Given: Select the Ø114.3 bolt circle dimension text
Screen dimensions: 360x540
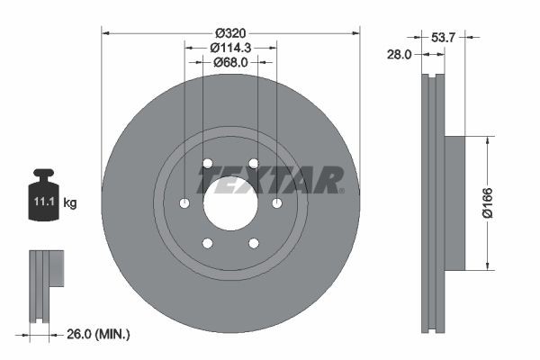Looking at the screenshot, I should point(230,47).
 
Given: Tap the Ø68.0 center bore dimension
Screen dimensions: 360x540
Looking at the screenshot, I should point(230,62).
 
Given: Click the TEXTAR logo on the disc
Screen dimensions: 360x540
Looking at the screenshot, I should point(270,180).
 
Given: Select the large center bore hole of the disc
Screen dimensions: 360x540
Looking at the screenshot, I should point(230,202).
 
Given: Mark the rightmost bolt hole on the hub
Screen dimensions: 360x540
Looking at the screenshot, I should point(277,202).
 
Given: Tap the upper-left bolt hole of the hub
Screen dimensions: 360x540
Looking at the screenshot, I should point(207,163).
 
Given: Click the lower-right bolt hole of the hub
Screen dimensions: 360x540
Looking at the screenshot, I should point(254,243).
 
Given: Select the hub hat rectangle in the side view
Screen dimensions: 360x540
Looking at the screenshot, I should point(454,202).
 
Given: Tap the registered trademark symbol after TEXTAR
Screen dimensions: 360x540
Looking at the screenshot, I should point(341,190).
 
